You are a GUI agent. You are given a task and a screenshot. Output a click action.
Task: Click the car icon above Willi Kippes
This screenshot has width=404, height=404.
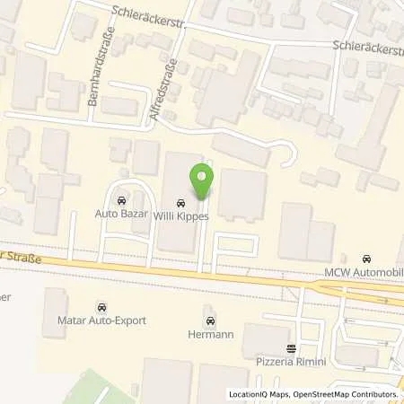pyautogui.click(x=181, y=202)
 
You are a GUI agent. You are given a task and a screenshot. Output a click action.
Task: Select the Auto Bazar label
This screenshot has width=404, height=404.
pyautogui.click(x=119, y=214)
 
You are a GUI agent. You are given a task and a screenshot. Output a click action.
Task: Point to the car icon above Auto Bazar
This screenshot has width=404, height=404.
pyautogui.click(x=121, y=200)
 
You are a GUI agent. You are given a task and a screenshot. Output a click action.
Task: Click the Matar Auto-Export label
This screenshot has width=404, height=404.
pyautogui.click(x=100, y=318)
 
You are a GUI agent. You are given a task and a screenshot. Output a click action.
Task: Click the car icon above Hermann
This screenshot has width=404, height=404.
pyautogui.click(x=210, y=320)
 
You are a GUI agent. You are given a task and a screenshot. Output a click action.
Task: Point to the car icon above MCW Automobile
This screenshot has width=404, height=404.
pyautogui.click(x=364, y=259)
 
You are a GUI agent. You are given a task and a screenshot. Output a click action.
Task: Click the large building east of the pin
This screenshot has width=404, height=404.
pyautogui.click(x=242, y=194)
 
